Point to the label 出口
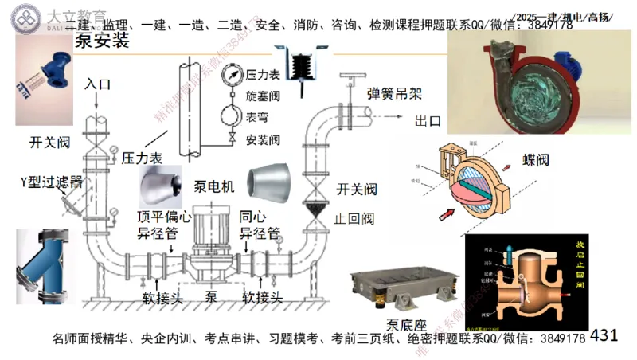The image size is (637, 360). pyautogui.click(x=428, y=122)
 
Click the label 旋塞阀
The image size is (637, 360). pyautogui.click(x=263, y=96)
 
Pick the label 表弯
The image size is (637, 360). pyautogui.click(x=256, y=117)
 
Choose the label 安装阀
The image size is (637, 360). pyautogui.click(x=263, y=139)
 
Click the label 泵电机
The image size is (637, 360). pyautogui.click(x=215, y=186)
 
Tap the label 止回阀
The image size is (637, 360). pyautogui.click(x=355, y=218)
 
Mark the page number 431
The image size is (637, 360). pyautogui.click(x=604, y=335)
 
